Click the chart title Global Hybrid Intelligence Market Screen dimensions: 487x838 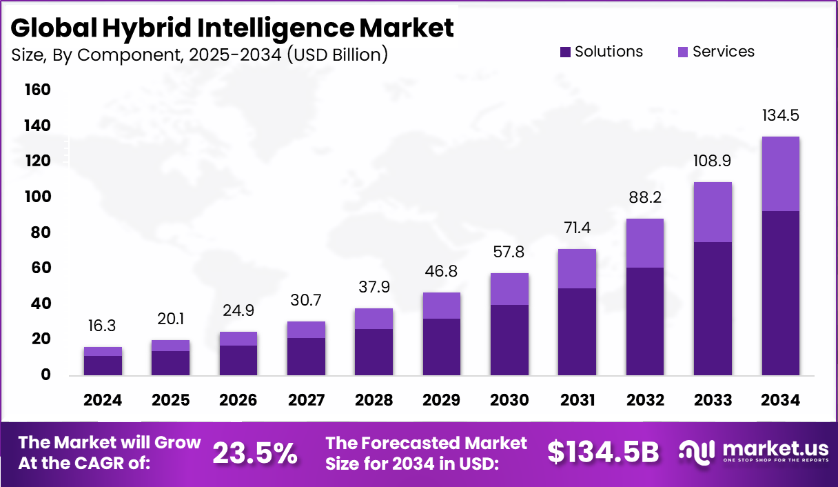click(232, 28)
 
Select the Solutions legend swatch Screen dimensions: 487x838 click(565, 52)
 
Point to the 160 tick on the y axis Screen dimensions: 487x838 click(37, 90)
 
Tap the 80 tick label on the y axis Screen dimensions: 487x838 click(40, 232)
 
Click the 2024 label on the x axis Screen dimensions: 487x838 click(103, 401)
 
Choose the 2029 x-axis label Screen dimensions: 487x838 click(442, 401)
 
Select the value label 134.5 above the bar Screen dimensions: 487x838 click(780, 115)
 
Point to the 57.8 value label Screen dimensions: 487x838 click(509, 252)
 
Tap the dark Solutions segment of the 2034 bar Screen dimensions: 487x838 click(780, 293)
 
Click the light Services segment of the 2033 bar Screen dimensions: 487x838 click(713, 212)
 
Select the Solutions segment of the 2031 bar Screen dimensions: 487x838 click(577, 332)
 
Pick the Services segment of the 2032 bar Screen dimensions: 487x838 click(645, 243)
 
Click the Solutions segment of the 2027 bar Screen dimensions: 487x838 click(306, 357)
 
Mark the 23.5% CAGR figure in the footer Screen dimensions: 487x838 click(255, 453)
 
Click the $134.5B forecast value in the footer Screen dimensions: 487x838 click(603, 453)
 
